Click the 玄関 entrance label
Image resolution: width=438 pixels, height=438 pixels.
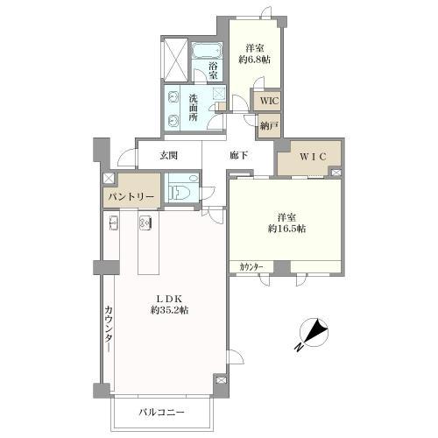tap(168, 156)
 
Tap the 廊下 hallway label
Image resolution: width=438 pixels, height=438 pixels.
tap(239, 156)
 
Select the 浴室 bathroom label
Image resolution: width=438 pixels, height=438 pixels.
tap(214, 70)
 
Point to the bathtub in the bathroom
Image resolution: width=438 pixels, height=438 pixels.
tap(207, 51)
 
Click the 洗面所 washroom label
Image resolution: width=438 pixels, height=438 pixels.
tap(193, 108)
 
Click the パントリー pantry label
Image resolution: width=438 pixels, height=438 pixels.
tap(131, 197)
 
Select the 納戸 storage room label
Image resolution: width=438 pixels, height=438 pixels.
tap(269, 126)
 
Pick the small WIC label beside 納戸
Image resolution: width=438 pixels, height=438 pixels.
tap(270, 101)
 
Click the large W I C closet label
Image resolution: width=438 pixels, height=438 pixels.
tap(313, 157)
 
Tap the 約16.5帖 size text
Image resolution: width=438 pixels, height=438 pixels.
tap(287, 229)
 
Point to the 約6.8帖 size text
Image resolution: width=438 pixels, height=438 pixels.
tap(254, 60)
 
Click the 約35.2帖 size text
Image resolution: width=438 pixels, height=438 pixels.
tap(169, 310)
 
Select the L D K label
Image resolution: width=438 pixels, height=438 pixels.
tap(170, 299)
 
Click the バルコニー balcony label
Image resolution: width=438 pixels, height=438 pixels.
tap(161, 413)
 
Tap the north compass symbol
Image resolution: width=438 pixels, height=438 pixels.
tap(314, 332)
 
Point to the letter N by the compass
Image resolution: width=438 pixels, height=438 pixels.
tap(298, 348)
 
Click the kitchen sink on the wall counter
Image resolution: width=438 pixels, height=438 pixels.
tap(114, 223)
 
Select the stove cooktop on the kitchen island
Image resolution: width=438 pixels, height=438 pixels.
tap(145, 223)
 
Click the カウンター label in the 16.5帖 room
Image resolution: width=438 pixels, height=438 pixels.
tap(251, 267)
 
